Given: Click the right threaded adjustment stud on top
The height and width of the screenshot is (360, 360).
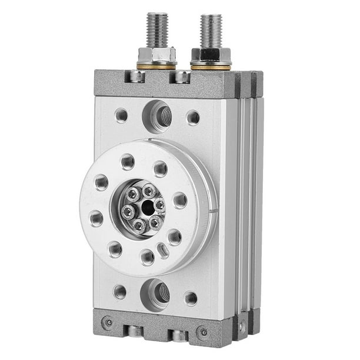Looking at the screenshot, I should (210, 31).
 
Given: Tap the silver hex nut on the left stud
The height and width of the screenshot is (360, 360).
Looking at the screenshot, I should (156, 55).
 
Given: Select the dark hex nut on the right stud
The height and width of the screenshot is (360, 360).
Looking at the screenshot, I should (210, 57).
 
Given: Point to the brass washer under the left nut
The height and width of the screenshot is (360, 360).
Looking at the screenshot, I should (156, 66).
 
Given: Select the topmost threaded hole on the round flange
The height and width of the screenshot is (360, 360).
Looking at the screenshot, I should (128, 161).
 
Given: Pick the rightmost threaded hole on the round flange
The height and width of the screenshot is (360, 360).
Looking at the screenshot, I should (180, 201).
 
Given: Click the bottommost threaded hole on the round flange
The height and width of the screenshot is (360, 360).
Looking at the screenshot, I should (147, 256).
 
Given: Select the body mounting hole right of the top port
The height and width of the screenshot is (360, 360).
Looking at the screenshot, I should (193, 117).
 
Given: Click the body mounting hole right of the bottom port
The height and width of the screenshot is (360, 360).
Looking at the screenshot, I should (191, 298).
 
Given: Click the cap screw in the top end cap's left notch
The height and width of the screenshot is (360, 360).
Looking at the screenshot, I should (137, 77).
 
